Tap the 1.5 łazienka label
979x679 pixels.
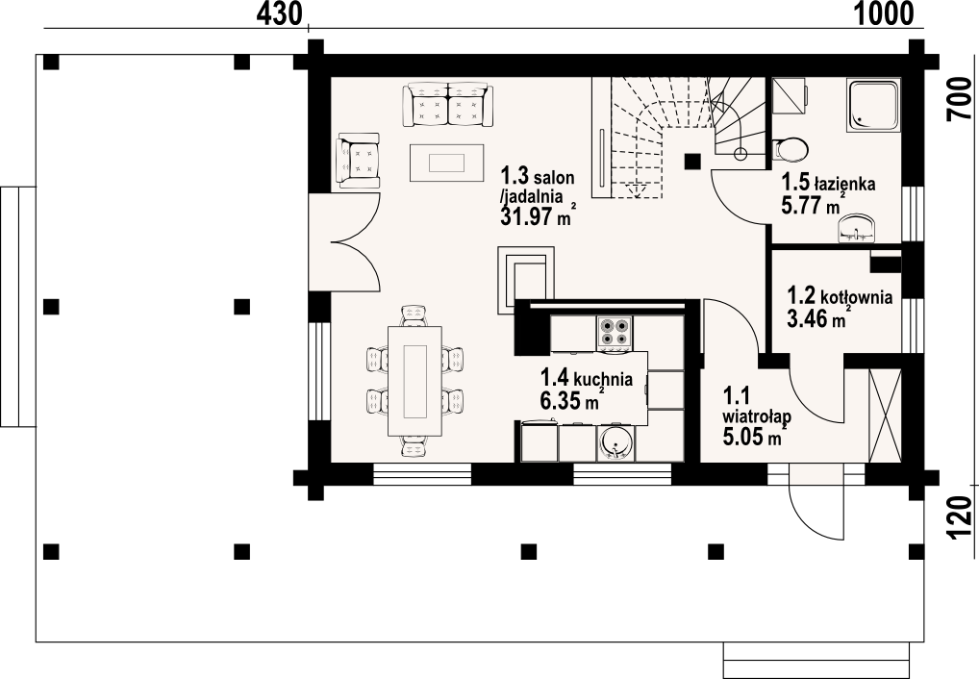pos(828,194)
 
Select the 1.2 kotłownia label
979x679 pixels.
pos(839,307)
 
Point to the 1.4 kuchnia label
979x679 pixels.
pos(586,390)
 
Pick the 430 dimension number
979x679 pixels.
pos(280,13)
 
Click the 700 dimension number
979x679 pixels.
pos(959,100)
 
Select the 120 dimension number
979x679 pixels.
pos(959,517)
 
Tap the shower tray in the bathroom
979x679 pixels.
pos(873,105)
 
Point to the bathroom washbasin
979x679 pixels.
pos(857,228)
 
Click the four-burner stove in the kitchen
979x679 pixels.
pos(615,332)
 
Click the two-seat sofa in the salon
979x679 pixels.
pos(448,105)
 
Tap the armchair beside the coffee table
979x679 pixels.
pos(358,160)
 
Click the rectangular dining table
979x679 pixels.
pos(414,381)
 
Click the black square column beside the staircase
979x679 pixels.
pos(692,162)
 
